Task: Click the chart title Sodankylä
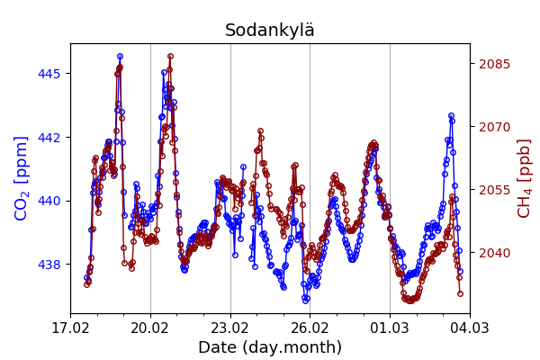coord(269,31)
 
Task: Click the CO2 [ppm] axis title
coord(22,178)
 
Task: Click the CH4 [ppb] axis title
coord(525,178)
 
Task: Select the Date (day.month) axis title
coord(269,347)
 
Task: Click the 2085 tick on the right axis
coord(494,64)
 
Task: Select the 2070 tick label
coord(494,127)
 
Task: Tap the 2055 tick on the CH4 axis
coord(494,190)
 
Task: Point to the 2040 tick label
coord(494,253)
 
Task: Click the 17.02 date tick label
coord(70,328)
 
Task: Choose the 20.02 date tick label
coord(150,328)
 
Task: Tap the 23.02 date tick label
coord(230,328)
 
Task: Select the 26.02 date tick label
coord(310,328)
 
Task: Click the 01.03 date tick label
coord(390,328)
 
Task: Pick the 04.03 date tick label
coord(470,328)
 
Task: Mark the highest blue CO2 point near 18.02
coord(120,57)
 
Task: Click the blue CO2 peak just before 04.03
coord(451,116)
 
